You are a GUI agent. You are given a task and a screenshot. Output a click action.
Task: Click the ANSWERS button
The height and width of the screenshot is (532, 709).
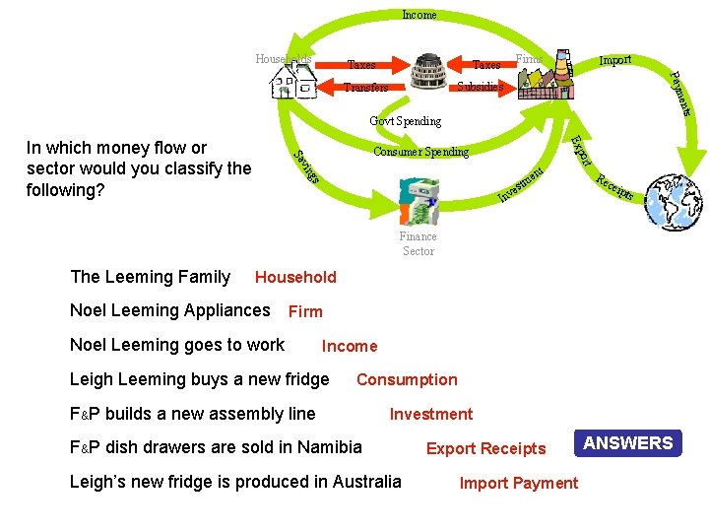point(628,443)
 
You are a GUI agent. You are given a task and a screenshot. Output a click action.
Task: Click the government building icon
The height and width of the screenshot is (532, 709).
point(428,74)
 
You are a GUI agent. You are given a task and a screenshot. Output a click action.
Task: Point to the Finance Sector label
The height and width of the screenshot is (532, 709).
point(419,243)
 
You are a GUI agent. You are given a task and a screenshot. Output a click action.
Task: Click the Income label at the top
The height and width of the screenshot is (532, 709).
point(419,15)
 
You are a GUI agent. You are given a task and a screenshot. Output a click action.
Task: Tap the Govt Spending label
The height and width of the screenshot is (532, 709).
point(405,121)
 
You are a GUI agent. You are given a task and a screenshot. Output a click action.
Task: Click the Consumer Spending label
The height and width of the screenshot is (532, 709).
point(420,152)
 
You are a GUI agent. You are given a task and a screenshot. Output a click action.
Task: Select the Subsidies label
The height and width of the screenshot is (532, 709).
point(480,87)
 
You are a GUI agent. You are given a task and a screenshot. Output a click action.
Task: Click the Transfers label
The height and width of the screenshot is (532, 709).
point(364,87)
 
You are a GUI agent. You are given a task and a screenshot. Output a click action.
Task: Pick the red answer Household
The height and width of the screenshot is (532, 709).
point(295,278)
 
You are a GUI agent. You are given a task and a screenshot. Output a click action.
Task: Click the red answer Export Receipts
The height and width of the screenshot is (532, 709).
point(485,449)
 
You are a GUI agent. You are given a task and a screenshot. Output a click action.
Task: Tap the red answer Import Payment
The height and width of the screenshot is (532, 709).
point(519,484)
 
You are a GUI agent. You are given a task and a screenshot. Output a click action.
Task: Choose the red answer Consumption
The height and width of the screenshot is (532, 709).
point(407,380)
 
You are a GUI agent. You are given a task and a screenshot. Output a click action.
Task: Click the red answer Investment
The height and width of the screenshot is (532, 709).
point(430,415)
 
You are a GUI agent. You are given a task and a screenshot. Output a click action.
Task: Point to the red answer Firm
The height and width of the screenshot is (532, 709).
point(305,312)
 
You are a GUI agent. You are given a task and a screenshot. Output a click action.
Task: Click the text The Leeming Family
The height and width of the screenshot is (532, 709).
point(151,278)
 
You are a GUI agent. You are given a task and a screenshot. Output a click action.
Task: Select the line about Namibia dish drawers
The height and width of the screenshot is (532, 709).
point(216,447)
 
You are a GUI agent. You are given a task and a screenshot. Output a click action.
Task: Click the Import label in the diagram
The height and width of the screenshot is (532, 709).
point(615,61)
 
